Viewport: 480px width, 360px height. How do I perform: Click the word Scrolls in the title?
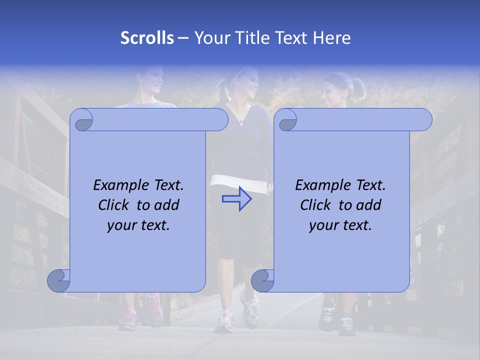point(147,38)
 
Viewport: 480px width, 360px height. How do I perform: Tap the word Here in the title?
point(331,38)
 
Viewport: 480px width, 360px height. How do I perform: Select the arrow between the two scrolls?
point(237,198)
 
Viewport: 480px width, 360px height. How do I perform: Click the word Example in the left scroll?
point(116,185)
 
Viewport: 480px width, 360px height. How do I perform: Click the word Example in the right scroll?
point(318,185)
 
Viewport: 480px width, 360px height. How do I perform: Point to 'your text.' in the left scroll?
point(138,225)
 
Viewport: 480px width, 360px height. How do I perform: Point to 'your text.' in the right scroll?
point(340,225)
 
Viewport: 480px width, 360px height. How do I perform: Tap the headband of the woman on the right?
point(335,78)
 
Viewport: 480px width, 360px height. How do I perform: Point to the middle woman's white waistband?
point(239,182)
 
